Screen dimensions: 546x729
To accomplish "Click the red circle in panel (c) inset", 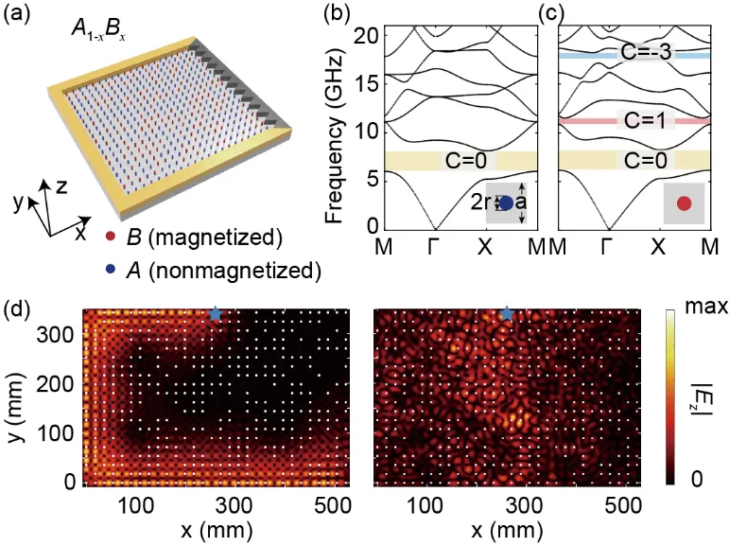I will pyautogui.click(x=684, y=203).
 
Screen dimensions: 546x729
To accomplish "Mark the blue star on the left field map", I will pyautogui.click(x=216, y=313).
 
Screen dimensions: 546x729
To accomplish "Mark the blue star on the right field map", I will pyautogui.click(x=508, y=313).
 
